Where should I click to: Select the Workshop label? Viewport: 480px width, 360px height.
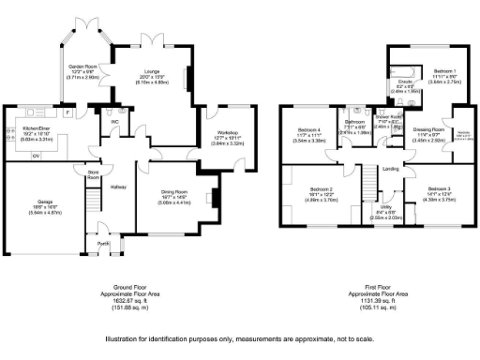point(229,133)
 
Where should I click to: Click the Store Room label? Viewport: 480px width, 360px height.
point(93,175)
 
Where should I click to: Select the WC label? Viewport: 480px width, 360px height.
point(116,121)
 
